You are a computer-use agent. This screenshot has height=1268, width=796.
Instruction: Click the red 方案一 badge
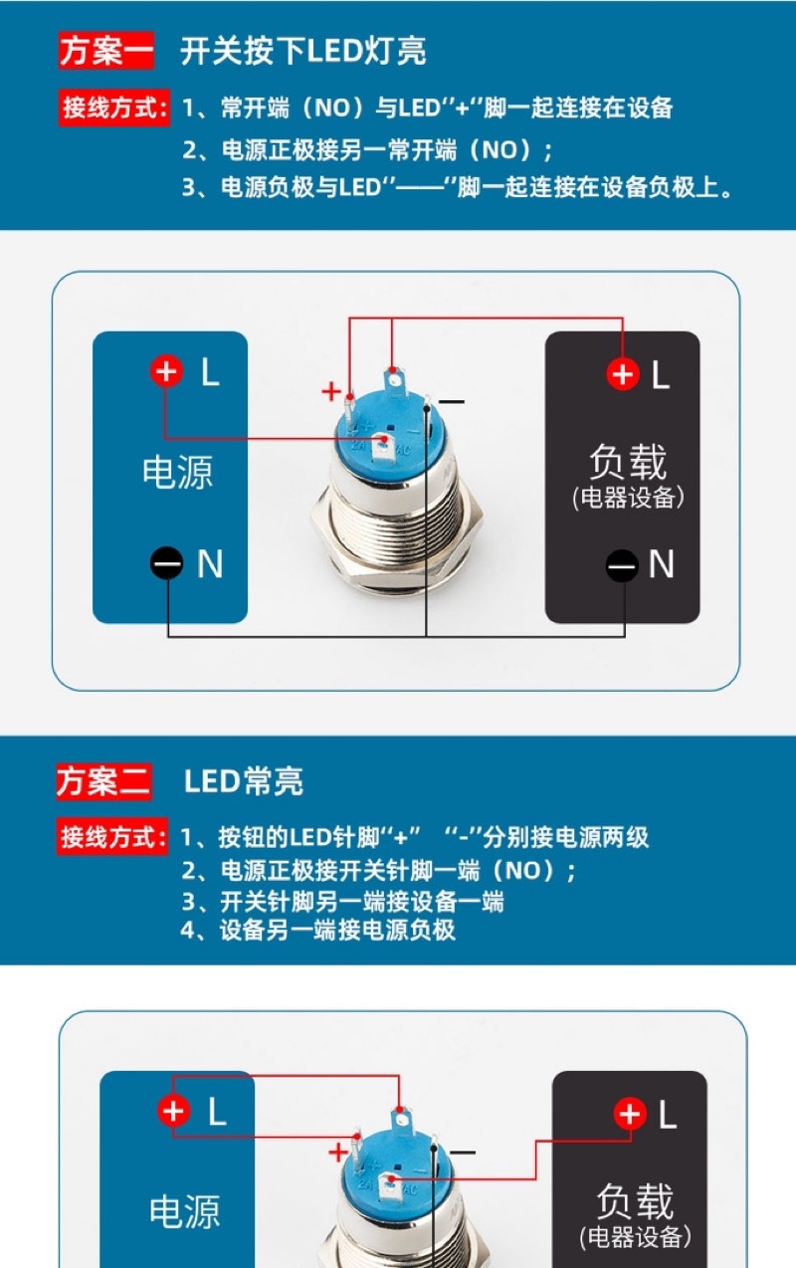(x=106, y=51)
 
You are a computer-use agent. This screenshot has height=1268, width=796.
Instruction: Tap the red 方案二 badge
(x=103, y=782)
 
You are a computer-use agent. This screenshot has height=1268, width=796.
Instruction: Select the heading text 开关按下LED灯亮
(x=303, y=51)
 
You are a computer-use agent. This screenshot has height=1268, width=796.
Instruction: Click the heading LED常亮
(x=244, y=782)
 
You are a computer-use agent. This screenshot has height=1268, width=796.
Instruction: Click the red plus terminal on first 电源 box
(x=166, y=372)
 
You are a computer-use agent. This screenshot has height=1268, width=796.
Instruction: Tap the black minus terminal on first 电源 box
(x=166, y=564)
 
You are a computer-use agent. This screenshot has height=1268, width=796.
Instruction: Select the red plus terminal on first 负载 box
(x=623, y=374)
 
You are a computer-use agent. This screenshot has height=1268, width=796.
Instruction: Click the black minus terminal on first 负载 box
(x=623, y=565)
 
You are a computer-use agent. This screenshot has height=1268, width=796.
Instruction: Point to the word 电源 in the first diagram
(x=177, y=472)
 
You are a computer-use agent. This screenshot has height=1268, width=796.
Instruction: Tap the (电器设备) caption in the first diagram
(x=628, y=498)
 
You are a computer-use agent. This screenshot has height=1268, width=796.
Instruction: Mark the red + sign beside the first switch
(x=331, y=391)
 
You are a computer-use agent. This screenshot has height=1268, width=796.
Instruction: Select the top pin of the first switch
(x=393, y=378)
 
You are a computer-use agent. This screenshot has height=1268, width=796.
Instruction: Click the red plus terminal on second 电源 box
(x=174, y=1111)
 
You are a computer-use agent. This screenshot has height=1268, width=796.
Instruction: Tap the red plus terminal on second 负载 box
(x=629, y=1114)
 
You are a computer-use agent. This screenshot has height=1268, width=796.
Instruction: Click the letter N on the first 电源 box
(x=210, y=564)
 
